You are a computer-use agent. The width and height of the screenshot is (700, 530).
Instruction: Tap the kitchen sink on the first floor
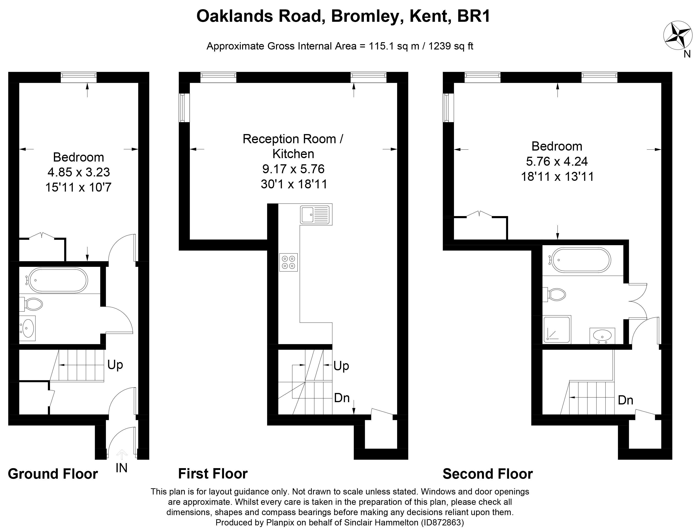316,214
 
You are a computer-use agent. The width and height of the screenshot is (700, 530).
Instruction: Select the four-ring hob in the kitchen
288,262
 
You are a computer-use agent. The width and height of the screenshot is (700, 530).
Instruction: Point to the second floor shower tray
557,329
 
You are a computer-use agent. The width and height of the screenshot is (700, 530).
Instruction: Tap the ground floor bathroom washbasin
27,328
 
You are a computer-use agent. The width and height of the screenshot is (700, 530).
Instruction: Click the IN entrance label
122,468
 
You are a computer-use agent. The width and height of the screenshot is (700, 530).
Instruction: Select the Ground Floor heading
53,474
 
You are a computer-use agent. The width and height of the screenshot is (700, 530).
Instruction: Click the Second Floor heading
488,474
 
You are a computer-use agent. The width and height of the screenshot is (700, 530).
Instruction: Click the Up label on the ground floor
115,365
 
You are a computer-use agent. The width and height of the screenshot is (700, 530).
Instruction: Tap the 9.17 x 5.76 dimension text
293,169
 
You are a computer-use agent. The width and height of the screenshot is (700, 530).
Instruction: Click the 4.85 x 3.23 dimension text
78,172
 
